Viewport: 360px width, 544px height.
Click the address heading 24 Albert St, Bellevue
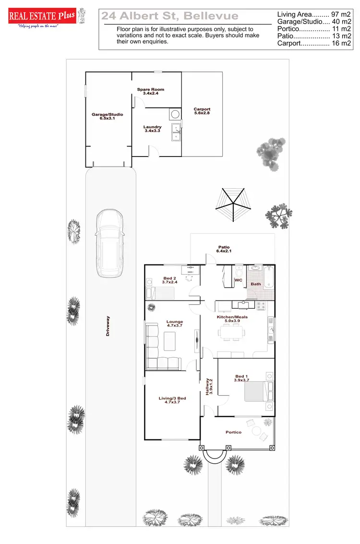point(170,16)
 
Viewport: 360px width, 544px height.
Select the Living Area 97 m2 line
point(314,15)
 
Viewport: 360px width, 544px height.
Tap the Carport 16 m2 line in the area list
point(314,43)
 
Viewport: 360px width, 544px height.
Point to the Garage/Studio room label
point(108,116)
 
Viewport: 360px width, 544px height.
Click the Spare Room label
point(151,91)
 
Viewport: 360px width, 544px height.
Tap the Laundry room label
point(152,129)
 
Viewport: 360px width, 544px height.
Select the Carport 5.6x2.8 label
point(202,111)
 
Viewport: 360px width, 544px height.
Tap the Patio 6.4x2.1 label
point(224,249)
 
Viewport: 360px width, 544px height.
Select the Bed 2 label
point(170,280)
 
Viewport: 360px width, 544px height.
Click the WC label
point(238,280)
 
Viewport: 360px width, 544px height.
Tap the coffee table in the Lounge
point(170,341)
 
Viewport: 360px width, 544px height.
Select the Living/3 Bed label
point(172,400)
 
